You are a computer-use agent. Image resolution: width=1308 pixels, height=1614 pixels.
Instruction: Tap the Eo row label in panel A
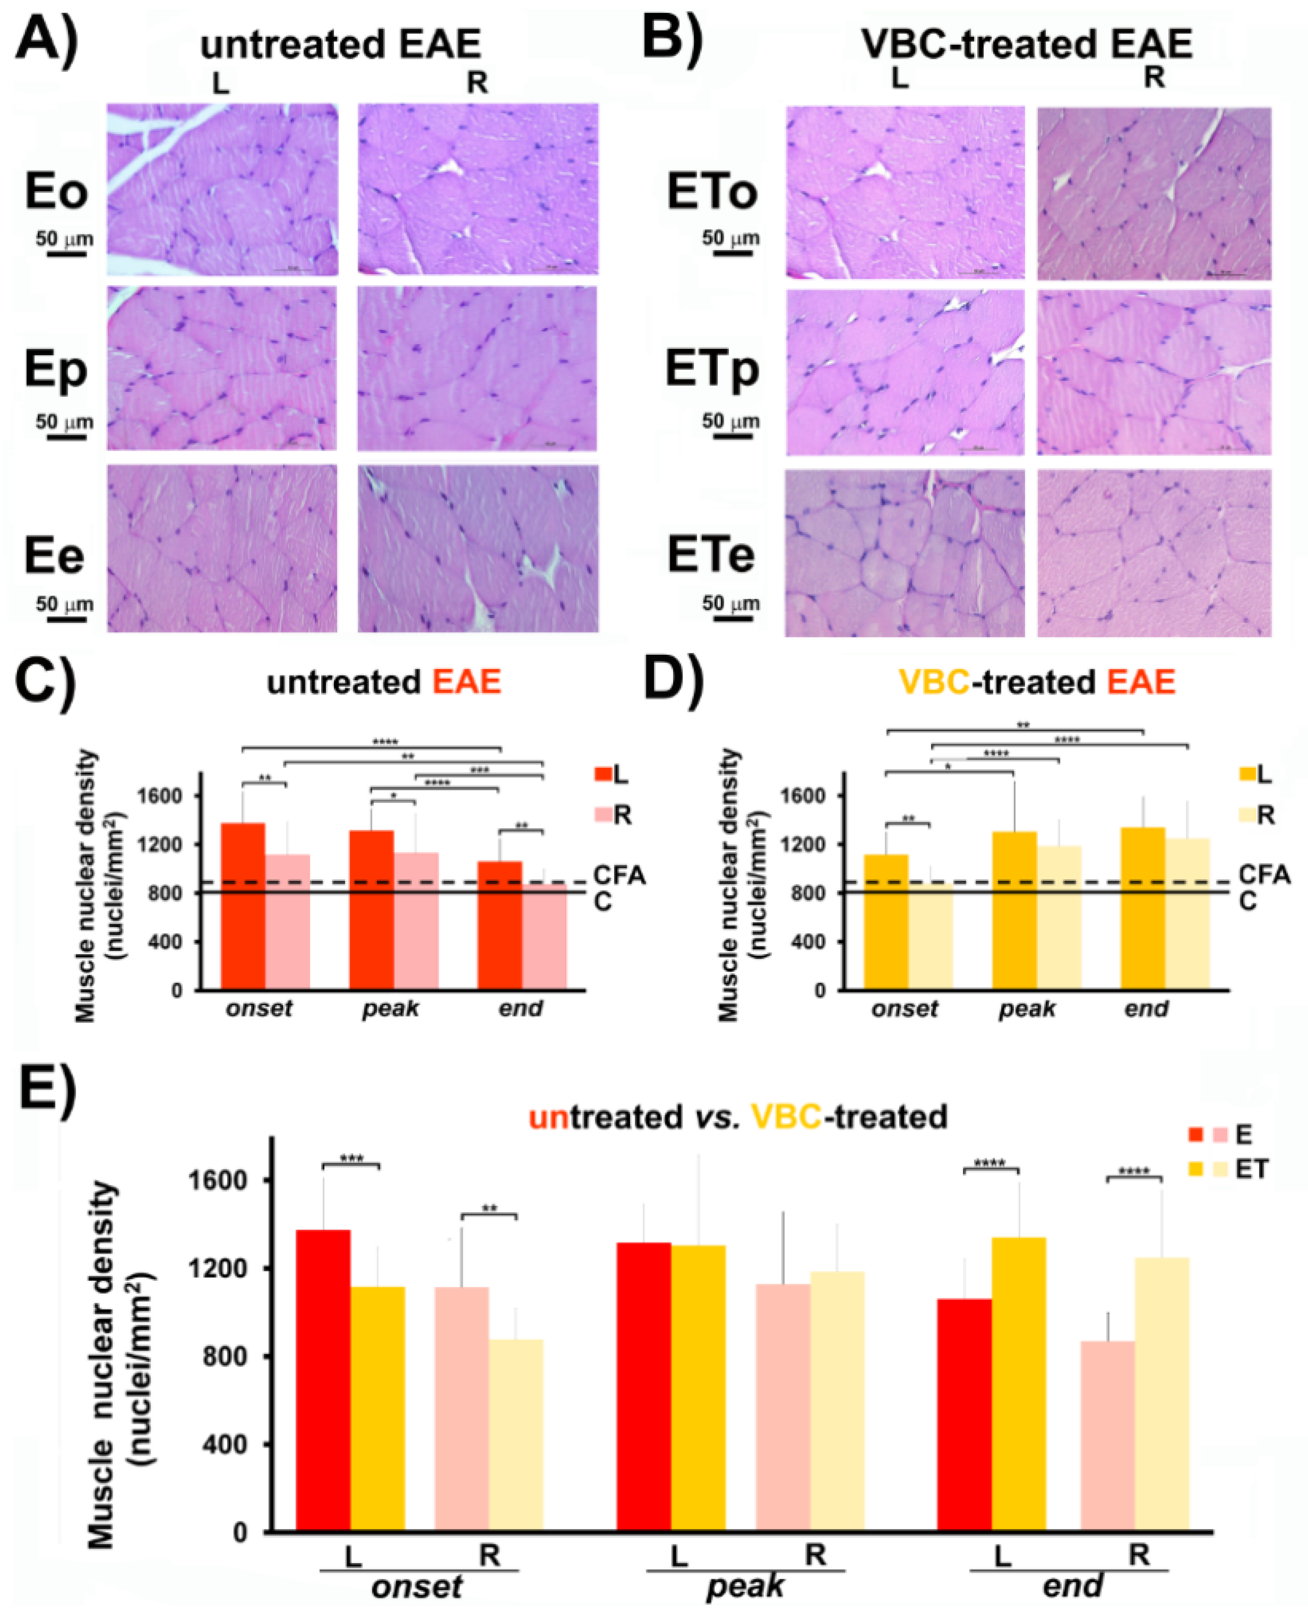56,192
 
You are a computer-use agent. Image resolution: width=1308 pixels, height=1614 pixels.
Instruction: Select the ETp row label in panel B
712,370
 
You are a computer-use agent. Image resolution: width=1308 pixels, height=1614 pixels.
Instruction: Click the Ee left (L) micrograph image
222,548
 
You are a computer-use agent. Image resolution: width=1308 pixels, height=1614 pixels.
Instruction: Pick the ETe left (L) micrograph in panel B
904,553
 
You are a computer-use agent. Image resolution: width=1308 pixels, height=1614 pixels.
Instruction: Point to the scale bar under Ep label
65,437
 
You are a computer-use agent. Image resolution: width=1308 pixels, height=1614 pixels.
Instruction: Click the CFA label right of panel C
619,875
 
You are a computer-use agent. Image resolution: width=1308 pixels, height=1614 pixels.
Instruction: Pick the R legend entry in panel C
622,814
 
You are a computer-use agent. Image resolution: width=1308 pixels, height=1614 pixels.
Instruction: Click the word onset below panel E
417,1585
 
